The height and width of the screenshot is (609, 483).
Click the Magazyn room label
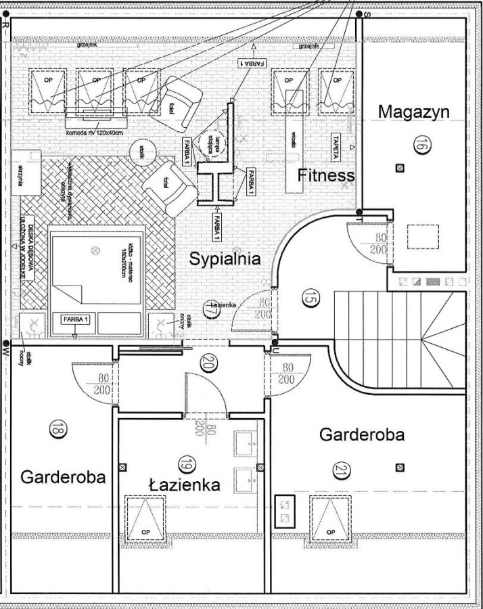click(413, 112)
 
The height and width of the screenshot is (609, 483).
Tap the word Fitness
click(326, 176)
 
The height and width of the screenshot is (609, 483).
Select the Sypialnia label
click(225, 258)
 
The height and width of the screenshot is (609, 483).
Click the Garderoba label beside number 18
click(63, 476)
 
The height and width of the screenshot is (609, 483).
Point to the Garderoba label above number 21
click(361, 434)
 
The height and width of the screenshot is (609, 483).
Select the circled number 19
click(184, 464)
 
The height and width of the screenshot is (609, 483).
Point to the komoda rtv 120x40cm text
click(95, 132)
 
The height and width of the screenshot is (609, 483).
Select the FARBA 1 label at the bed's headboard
click(76, 317)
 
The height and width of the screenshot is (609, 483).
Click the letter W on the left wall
click(5, 352)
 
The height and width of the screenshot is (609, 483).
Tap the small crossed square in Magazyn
click(400, 168)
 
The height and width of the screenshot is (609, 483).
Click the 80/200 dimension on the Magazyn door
click(382, 243)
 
